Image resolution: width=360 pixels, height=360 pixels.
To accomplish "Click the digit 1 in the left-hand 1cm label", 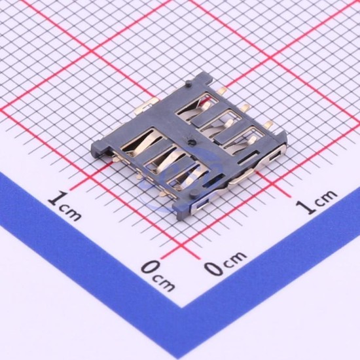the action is (58, 198).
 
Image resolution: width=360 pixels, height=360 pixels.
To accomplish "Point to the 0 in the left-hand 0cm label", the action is (151, 268).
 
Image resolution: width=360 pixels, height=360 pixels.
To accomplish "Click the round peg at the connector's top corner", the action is (189, 83).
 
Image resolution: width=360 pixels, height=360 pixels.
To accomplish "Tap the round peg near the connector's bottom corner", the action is (194, 192).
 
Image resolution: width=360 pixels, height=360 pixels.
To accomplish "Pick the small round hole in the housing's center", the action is (190, 143).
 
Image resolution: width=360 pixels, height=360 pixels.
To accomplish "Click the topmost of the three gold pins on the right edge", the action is (223, 90).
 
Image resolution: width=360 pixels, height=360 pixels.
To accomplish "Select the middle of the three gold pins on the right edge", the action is (245, 107).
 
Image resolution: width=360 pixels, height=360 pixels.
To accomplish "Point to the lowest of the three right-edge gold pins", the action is (268, 125).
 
